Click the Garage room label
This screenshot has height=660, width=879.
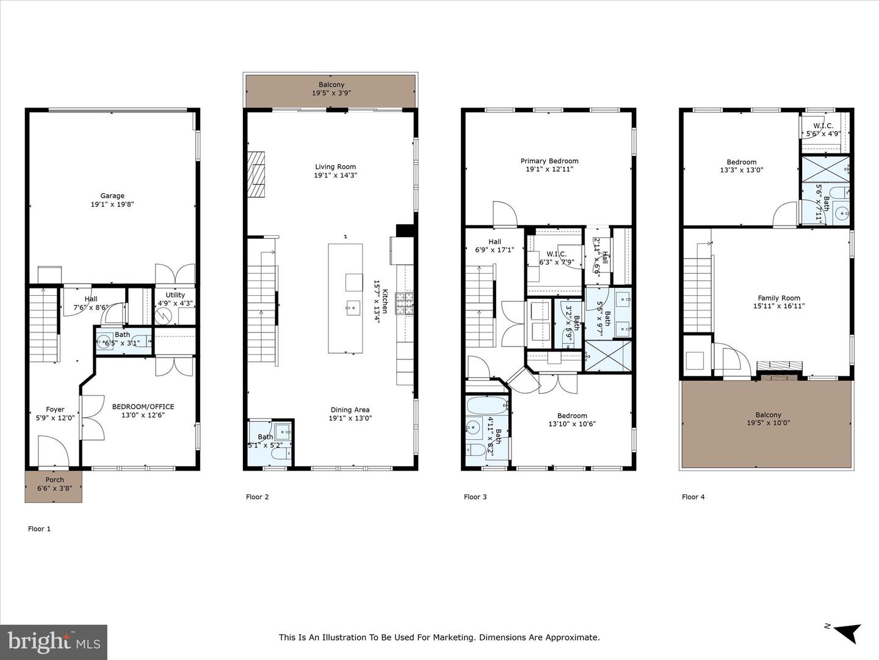click(x=112, y=196)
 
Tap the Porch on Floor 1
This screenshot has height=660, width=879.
click(x=54, y=486)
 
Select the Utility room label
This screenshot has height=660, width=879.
click(x=175, y=295)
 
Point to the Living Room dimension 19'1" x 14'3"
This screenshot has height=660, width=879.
click(x=336, y=175)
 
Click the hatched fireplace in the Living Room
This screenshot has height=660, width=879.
click(x=256, y=174)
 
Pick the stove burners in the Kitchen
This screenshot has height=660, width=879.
click(x=405, y=303)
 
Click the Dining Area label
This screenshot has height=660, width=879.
click(x=350, y=409)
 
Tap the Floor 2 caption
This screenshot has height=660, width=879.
click(x=257, y=497)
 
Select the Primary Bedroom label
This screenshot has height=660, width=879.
click(x=549, y=161)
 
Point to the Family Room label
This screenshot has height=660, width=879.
click(x=779, y=298)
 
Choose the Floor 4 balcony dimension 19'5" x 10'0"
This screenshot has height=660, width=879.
click(x=769, y=422)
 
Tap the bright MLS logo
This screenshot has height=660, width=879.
click(x=54, y=642)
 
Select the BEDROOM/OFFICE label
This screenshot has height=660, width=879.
click(x=143, y=406)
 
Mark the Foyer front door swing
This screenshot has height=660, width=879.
click(x=54, y=451)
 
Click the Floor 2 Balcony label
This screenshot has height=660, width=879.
click(x=331, y=84)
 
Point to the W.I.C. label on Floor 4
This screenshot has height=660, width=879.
click(x=823, y=126)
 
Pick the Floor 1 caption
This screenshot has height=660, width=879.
click(x=39, y=529)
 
